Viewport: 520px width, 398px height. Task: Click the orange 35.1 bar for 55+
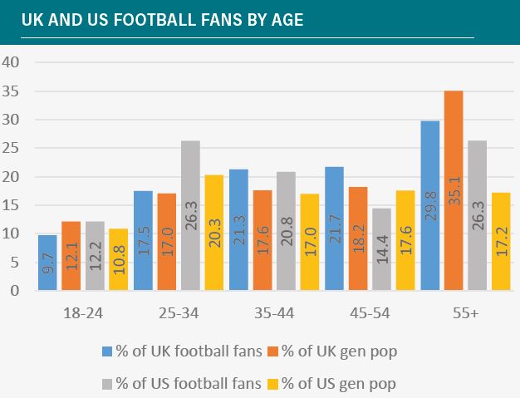(454, 191)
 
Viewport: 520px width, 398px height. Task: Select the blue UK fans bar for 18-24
(47, 263)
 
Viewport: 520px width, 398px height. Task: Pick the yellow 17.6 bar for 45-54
(406, 241)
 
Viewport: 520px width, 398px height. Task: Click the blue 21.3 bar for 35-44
(238, 230)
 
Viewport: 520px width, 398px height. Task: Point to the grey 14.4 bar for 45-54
(382, 249)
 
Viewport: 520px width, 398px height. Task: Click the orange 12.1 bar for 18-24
(71, 256)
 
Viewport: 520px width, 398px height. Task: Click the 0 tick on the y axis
(15, 291)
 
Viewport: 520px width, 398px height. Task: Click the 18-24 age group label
(82, 314)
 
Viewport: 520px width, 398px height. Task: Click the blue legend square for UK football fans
(107, 351)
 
